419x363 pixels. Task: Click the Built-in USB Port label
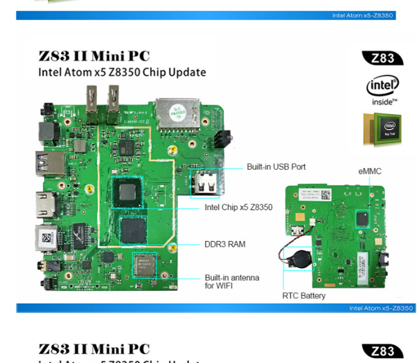(276, 167)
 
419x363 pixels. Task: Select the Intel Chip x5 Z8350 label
(239, 207)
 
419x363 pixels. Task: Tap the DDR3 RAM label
(225, 244)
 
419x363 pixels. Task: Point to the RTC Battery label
(303, 296)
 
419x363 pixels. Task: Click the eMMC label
(370, 171)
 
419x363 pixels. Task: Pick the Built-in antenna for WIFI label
(232, 281)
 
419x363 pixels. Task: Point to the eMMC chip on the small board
(362, 219)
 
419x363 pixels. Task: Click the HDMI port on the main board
(45, 205)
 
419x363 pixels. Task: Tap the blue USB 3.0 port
(49, 164)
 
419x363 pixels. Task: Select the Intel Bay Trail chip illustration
(382, 129)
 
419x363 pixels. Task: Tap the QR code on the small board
(326, 195)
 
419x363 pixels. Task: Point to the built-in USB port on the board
(204, 183)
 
